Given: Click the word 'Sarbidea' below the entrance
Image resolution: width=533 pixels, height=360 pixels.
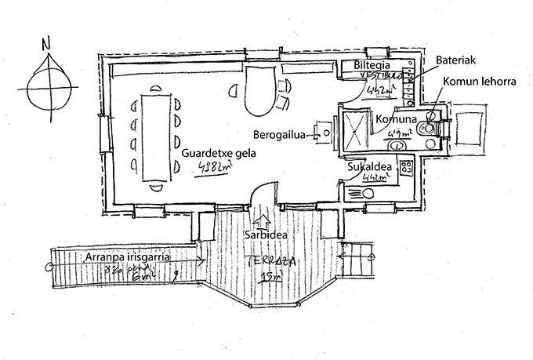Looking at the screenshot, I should (x=263, y=235).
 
